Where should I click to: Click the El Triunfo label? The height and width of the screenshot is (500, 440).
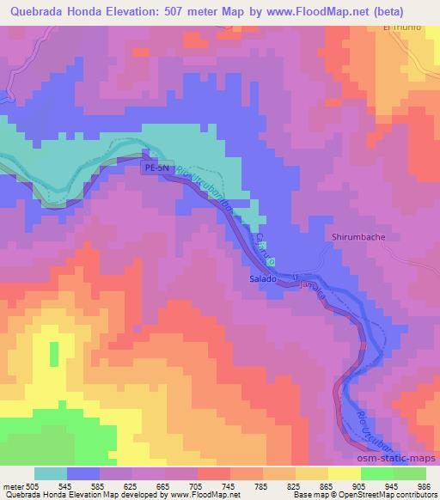[x=404, y=27]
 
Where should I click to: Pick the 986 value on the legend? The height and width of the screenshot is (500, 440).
[x=421, y=486]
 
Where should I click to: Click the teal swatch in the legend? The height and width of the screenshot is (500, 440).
[x=51, y=473]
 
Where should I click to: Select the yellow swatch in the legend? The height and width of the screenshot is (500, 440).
[x=344, y=473]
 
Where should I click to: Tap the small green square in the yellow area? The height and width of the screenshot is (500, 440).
[x=53, y=355]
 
